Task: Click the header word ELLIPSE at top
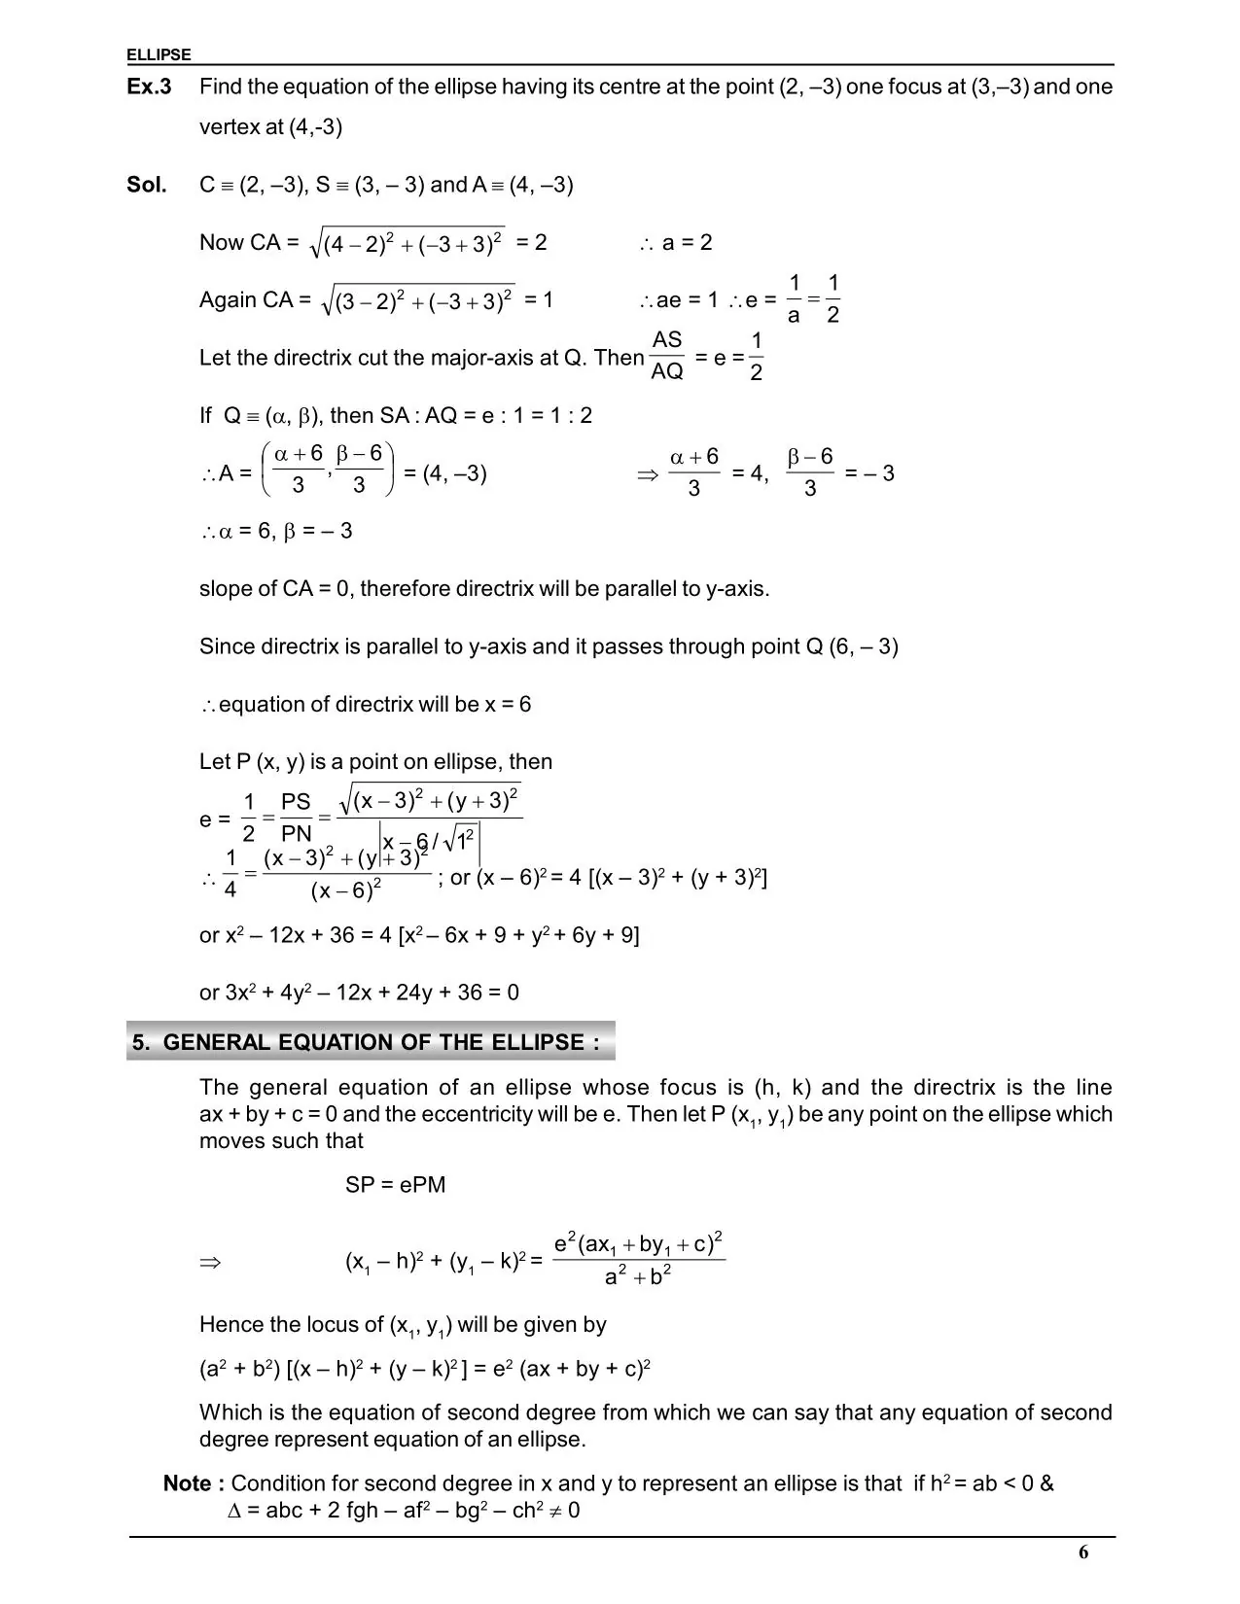159,55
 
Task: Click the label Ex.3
149,87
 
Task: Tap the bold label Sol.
147,186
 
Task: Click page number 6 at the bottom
1083,1552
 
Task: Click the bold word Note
194,1483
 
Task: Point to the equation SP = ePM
395,1185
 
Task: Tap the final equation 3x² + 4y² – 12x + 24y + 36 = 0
359,993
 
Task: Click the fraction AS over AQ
667,356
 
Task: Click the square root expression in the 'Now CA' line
407,243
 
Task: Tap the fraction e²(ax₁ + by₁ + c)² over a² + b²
638,1260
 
